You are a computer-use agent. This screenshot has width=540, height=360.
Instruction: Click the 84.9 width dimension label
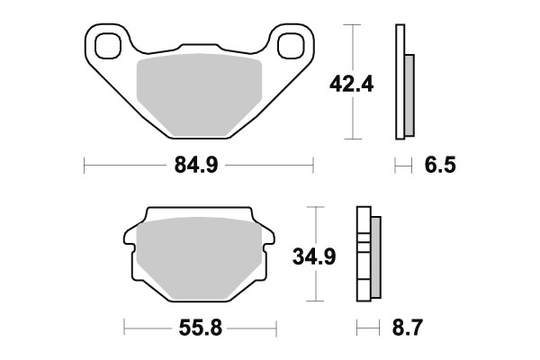199,165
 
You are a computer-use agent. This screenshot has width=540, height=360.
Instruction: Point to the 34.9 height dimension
315,257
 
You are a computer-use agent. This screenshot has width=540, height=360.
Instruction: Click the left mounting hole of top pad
107,43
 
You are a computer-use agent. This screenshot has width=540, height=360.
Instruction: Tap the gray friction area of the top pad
198,94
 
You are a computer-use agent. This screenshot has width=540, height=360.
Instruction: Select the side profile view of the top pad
403,83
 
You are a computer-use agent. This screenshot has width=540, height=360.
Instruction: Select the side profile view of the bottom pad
368,256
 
